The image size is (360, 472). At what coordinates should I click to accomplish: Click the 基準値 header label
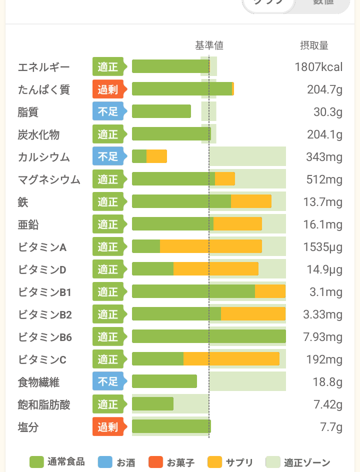point(209,45)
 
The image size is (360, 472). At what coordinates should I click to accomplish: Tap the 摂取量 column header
point(314,45)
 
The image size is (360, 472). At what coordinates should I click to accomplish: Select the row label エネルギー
point(43,67)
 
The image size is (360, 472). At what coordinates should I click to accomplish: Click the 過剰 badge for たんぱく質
point(107,89)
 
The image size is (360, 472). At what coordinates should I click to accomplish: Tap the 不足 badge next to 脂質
point(107,112)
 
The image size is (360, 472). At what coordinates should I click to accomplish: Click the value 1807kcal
point(318,67)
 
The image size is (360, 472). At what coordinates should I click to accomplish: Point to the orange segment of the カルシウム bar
point(156,156)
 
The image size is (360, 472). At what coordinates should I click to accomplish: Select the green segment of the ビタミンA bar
point(146,246)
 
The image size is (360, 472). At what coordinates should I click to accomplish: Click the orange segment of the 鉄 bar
point(251,201)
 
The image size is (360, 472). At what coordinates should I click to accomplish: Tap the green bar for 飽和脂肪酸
point(152,403)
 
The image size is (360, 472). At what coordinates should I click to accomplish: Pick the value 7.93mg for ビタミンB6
point(322,337)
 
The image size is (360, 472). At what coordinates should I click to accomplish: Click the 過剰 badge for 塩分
point(107,427)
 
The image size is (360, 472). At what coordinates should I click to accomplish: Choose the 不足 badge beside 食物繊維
point(107,382)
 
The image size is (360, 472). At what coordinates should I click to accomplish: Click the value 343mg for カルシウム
point(324,157)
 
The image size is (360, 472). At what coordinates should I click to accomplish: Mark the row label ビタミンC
point(42,359)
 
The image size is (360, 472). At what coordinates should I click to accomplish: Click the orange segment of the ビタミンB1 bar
point(270,291)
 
